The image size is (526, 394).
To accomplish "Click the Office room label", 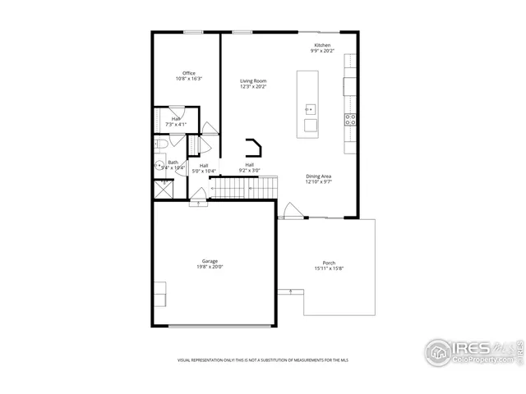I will tap(189, 73).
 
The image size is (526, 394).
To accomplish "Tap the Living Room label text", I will tap(253, 80).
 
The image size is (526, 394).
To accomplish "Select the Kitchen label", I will tap(322, 44).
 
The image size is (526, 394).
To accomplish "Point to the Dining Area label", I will tap(319, 176).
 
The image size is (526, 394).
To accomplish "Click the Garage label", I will tap(210, 261).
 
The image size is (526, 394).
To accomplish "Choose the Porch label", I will tap(328, 263).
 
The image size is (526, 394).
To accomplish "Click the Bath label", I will tap(173, 162).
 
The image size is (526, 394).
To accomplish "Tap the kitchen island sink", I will tap(311, 108).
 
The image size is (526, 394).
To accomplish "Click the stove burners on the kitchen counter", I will tap(350, 118).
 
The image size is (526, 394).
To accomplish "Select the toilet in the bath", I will tap(161, 144).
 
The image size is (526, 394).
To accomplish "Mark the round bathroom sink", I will tap(159, 165).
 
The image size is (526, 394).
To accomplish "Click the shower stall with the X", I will tap(164, 188).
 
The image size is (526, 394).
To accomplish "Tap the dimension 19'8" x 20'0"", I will tap(210, 267).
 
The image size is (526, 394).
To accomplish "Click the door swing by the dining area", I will tap(291, 211).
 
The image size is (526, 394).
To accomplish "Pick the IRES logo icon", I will tap(438, 350).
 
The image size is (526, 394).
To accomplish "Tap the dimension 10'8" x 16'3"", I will tap(189, 79).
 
